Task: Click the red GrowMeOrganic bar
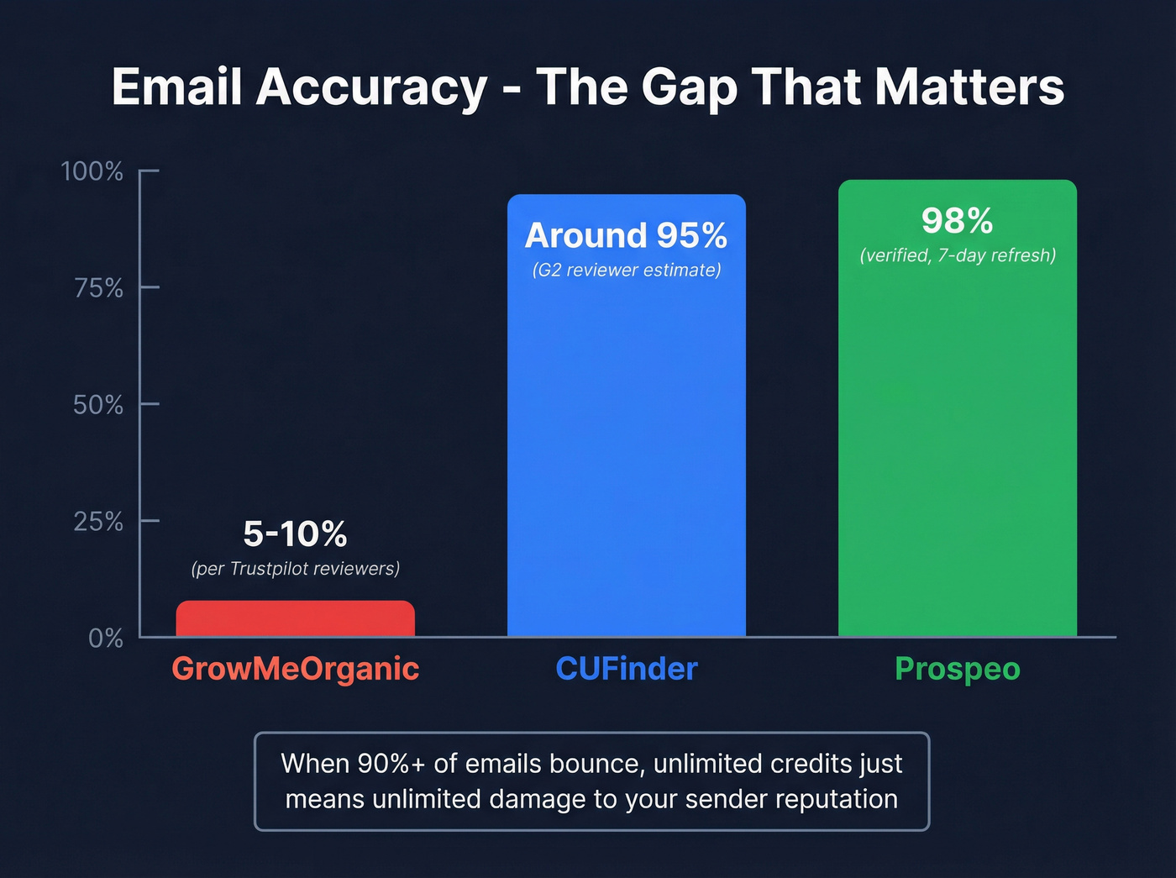pos(295,619)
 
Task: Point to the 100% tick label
pos(92,171)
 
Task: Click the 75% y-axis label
pos(98,288)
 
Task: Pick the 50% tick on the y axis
pos(98,405)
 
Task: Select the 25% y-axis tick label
pos(98,522)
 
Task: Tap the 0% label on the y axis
pos(106,639)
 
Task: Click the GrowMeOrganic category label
pos(295,669)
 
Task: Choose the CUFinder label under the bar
pos(627,669)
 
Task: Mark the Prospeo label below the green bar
pos(957,670)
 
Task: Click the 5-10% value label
pos(295,534)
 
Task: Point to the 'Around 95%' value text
pos(626,235)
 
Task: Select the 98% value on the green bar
pos(957,221)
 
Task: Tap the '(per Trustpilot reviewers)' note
pos(295,569)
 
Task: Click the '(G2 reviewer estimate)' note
pos(626,270)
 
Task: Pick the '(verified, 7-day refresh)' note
pos(957,255)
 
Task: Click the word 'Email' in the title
pos(177,87)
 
